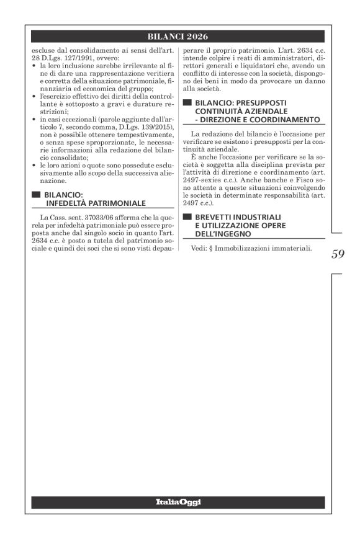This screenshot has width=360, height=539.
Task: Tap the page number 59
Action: pyautogui.click(x=339, y=253)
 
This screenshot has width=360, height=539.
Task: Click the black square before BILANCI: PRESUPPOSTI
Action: pyautogui.click(x=186, y=102)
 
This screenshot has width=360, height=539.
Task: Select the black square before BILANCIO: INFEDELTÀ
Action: pyautogui.click(x=35, y=194)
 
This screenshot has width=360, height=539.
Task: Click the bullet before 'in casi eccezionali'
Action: pyautogui.click(x=34, y=119)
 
